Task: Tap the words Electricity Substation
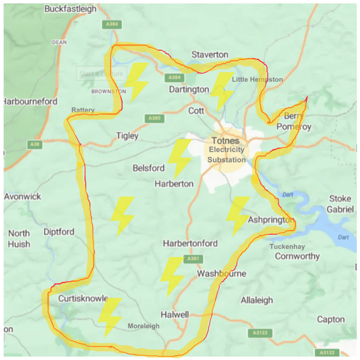click(226, 155)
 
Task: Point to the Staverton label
click(210, 55)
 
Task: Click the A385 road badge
click(155, 118)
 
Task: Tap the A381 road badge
click(192, 259)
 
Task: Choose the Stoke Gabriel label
click(341, 204)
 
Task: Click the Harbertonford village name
click(190, 244)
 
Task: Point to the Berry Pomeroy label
click(297, 122)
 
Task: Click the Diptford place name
click(59, 232)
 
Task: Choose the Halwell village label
click(175, 315)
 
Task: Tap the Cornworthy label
click(297, 256)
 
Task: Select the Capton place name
click(330, 319)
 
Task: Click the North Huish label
click(19, 239)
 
